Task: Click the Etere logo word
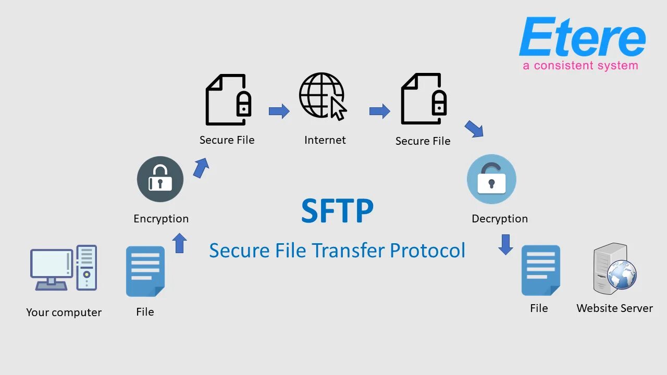pyautogui.click(x=582, y=37)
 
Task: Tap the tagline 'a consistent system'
pyautogui.click(x=580, y=66)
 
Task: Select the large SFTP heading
pyautogui.click(x=337, y=211)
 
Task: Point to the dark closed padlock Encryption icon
pyautogui.click(x=160, y=179)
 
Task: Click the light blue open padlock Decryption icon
pyautogui.click(x=491, y=179)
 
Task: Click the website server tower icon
pyautogui.click(x=614, y=268)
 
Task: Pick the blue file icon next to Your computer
pyautogui.click(x=145, y=271)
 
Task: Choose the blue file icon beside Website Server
pyautogui.click(x=540, y=270)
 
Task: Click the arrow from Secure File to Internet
pyautogui.click(x=279, y=111)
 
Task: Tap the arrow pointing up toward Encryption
pyautogui.click(x=179, y=243)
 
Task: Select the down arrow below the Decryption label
pyautogui.click(x=505, y=244)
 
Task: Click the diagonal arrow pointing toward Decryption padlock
pyautogui.click(x=474, y=129)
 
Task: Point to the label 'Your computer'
pyautogui.click(x=64, y=312)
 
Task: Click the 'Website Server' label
pyautogui.click(x=614, y=308)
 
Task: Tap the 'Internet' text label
pyautogui.click(x=325, y=140)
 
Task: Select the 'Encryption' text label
pyautogui.click(x=161, y=219)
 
